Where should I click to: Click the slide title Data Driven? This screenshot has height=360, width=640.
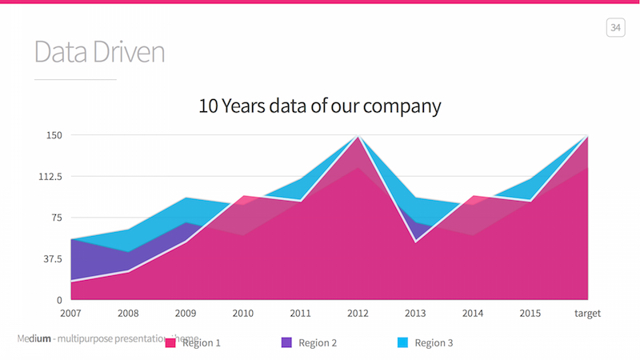click(99, 52)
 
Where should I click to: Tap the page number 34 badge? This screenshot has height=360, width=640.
click(615, 28)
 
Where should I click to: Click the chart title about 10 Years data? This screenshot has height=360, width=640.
click(320, 106)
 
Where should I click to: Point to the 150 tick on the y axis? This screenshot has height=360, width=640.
click(53, 135)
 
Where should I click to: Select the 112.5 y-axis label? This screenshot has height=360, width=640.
click(49, 177)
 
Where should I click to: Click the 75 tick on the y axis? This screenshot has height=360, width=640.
click(56, 218)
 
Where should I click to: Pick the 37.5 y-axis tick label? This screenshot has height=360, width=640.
click(51, 259)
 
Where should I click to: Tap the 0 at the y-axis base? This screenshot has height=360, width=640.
click(58, 300)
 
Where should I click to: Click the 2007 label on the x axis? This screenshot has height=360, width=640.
click(71, 313)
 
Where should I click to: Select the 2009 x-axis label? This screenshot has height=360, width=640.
click(186, 313)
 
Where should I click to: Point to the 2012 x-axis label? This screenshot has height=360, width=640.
click(358, 313)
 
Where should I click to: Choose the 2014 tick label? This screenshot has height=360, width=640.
click(473, 313)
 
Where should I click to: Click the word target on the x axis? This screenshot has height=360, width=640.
click(587, 313)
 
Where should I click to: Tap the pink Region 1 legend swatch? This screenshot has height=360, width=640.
click(170, 342)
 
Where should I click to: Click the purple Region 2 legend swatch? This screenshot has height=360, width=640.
click(286, 342)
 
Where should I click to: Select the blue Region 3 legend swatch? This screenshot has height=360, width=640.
click(402, 342)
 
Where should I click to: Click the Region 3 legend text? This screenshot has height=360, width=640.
click(434, 342)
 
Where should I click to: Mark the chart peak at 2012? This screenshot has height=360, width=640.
click(358, 137)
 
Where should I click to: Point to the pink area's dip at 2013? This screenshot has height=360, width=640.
click(415, 241)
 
